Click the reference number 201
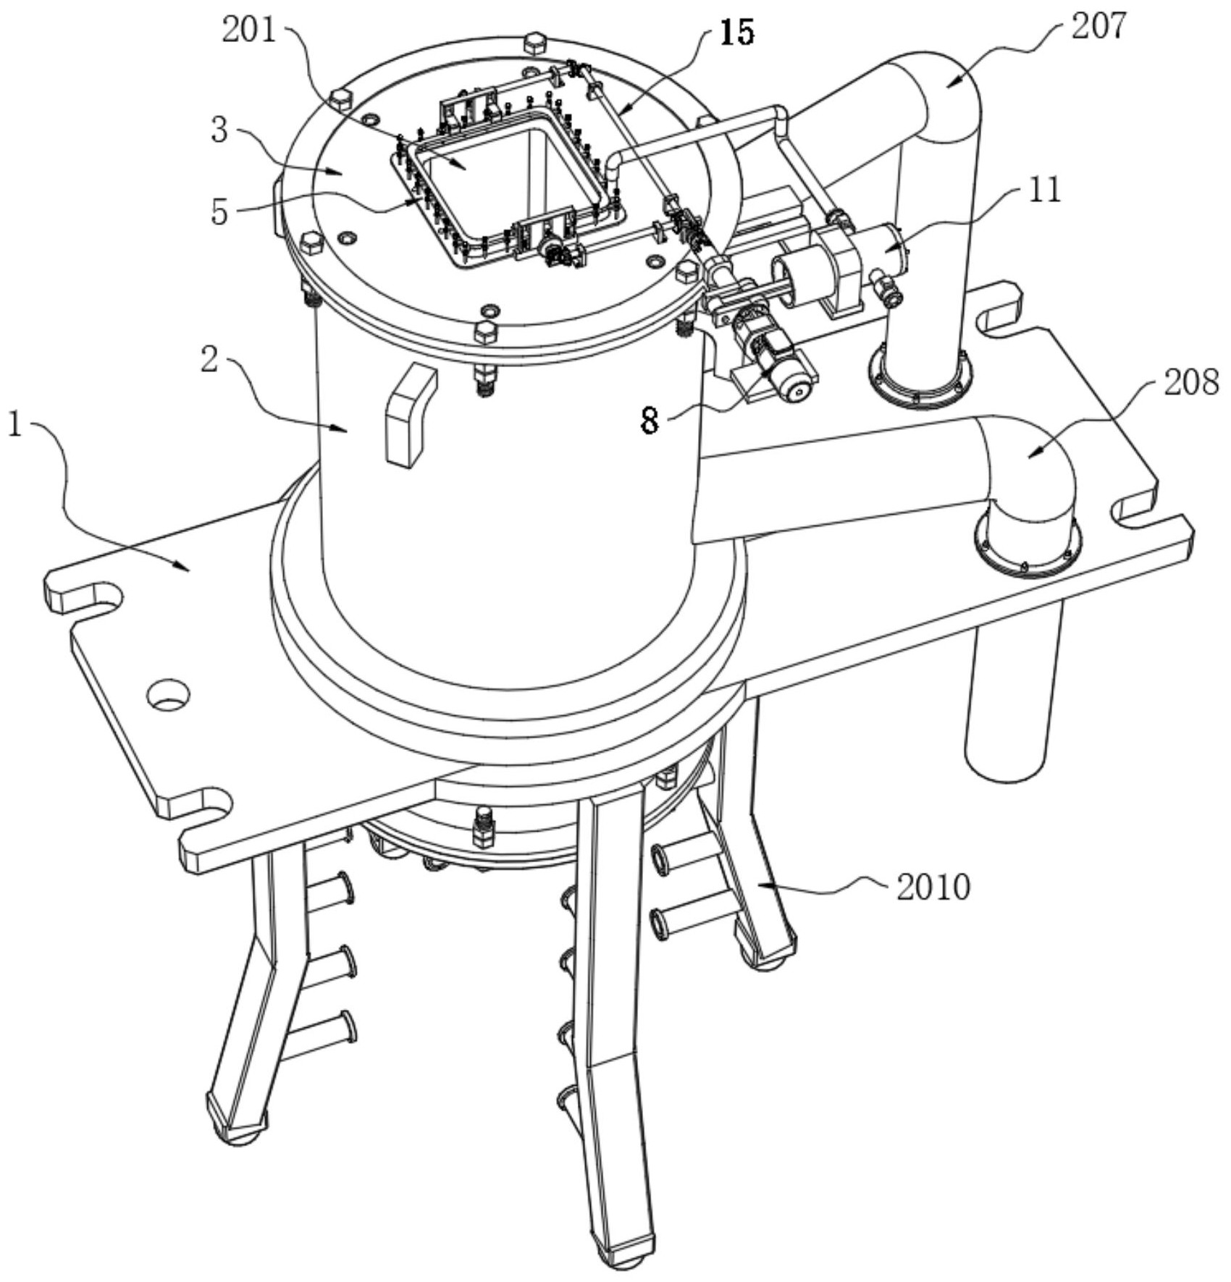click(x=248, y=31)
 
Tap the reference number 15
click(x=737, y=33)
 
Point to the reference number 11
click(x=1043, y=190)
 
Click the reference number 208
click(x=1190, y=381)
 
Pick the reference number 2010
click(x=933, y=887)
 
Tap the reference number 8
click(x=650, y=420)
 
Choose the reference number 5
click(x=219, y=212)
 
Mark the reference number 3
click(x=219, y=130)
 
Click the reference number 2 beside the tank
click(x=209, y=358)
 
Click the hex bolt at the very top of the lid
click(x=534, y=43)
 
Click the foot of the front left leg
click(x=238, y=1128)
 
